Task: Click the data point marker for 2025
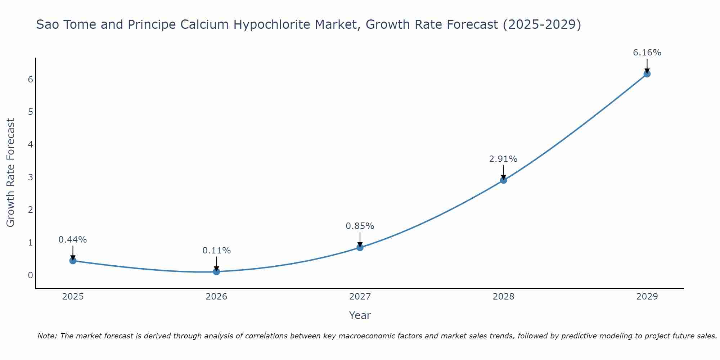pos(73,261)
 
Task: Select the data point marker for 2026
pos(216,271)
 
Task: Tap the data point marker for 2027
pos(360,247)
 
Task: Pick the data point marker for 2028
pos(503,180)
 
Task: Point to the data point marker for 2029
pos(647,74)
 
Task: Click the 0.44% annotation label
pos(73,240)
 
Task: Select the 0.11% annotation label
pos(216,251)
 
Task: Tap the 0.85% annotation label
pos(360,226)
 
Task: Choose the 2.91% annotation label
pos(503,159)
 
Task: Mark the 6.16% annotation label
pos(647,53)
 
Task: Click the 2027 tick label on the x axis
pos(360,297)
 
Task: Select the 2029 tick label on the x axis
pos(647,297)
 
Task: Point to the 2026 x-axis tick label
pos(216,297)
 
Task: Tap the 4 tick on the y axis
pos(30,145)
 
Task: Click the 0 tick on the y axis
pos(30,275)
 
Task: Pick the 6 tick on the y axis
pos(30,79)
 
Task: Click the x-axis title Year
pos(360,315)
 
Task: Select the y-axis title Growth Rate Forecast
pos(11,173)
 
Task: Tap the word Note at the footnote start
pos(47,336)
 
